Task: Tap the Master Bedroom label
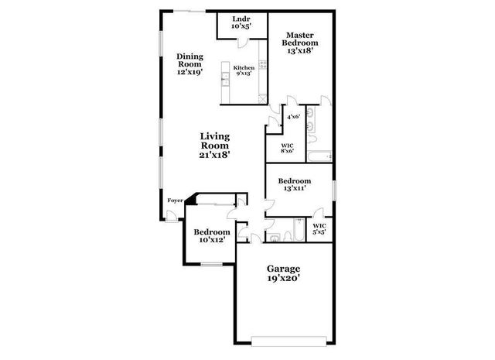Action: point(299,43)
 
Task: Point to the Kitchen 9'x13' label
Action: point(244,72)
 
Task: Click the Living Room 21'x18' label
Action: point(216,145)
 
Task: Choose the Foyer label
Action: point(175,201)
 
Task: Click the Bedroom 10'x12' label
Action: point(211,236)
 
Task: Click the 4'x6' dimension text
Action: point(293,117)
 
